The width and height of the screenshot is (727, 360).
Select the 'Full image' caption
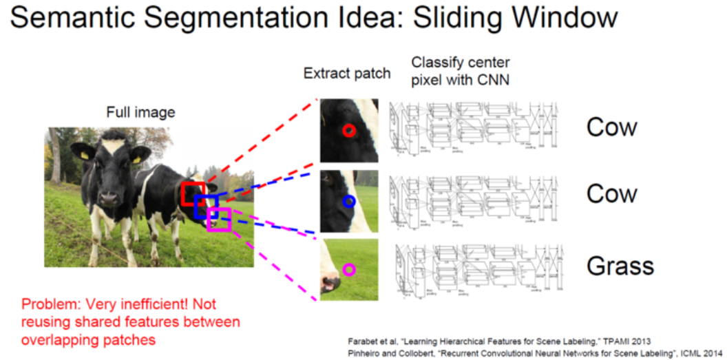click(x=140, y=112)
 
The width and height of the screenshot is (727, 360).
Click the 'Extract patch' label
click(x=347, y=73)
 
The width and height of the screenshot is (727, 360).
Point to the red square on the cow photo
click(x=193, y=193)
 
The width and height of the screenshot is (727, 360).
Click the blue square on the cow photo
click(x=206, y=207)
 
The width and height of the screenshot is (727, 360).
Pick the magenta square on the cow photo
click(x=219, y=219)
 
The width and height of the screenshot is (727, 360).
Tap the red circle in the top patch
click(x=349, y=130)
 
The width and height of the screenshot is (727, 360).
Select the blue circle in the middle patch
click(x=349, y=201)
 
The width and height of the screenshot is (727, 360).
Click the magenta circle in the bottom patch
click(x=349, y=269)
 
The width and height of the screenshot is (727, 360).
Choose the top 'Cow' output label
click(x=611, y=127)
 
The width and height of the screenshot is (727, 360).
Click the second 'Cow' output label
click(x=611, y=194)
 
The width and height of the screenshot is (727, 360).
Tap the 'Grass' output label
click(x=620, y=266)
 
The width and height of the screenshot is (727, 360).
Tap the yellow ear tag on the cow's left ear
click(x=136, y=159)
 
